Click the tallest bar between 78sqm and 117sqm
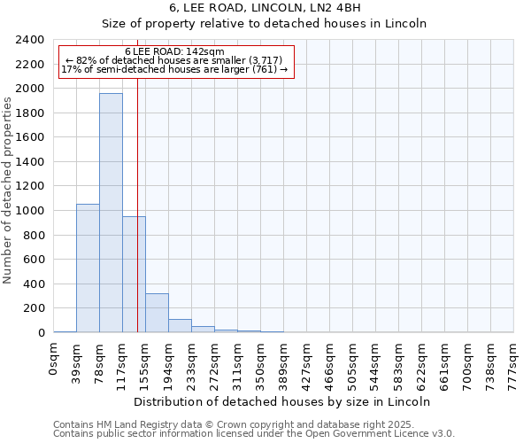[x=111, y=213]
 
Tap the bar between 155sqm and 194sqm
[x=157, y=313]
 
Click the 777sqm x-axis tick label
[x=514, y=361]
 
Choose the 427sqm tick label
[x=307, y=361]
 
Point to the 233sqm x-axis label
[x=192, y=361]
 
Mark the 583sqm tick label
[x=399, y=361]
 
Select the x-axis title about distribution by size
[x=283, y=401]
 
